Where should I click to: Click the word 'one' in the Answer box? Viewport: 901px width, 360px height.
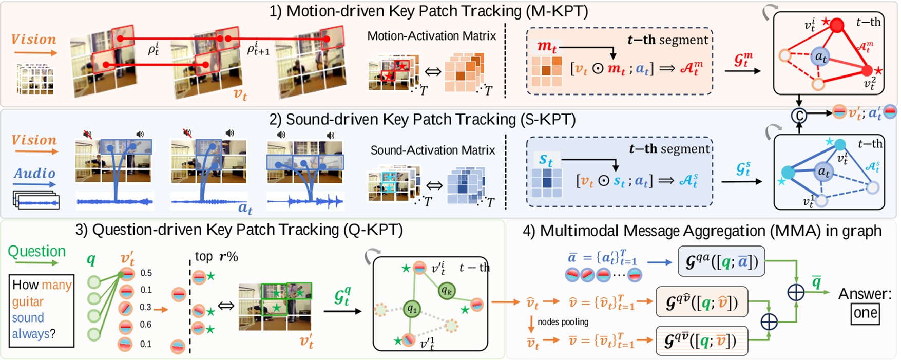coord(865,313)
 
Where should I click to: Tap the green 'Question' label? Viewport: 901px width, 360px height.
coord(37,251)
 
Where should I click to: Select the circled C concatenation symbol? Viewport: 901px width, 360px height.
coord(799,116)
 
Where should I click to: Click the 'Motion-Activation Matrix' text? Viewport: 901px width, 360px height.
coord(431,36)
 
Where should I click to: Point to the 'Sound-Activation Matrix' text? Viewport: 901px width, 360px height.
coord(433,150)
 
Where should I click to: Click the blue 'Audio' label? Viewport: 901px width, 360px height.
coord(34,174)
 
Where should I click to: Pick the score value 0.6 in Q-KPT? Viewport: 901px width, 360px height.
coord(146,325)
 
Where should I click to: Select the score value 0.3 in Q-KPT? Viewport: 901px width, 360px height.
coord(145,307)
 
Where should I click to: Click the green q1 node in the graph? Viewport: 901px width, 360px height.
coord(412,309)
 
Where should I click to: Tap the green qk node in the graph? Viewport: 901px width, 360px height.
coord(446,291)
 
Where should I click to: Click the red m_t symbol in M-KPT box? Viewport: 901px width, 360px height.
coord(547,47)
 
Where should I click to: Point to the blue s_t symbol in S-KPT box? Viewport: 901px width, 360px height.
coord(546,160)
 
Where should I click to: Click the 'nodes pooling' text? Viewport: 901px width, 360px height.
coord(563,322)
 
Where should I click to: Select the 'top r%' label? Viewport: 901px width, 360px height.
coord(216,256)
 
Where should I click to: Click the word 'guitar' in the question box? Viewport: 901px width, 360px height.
coord(28,301)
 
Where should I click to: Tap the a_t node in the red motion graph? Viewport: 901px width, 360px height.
coord(821,57)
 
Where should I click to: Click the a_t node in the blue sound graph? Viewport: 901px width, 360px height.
coord(823,172)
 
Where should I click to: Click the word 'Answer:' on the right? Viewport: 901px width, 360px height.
coord(865,294)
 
